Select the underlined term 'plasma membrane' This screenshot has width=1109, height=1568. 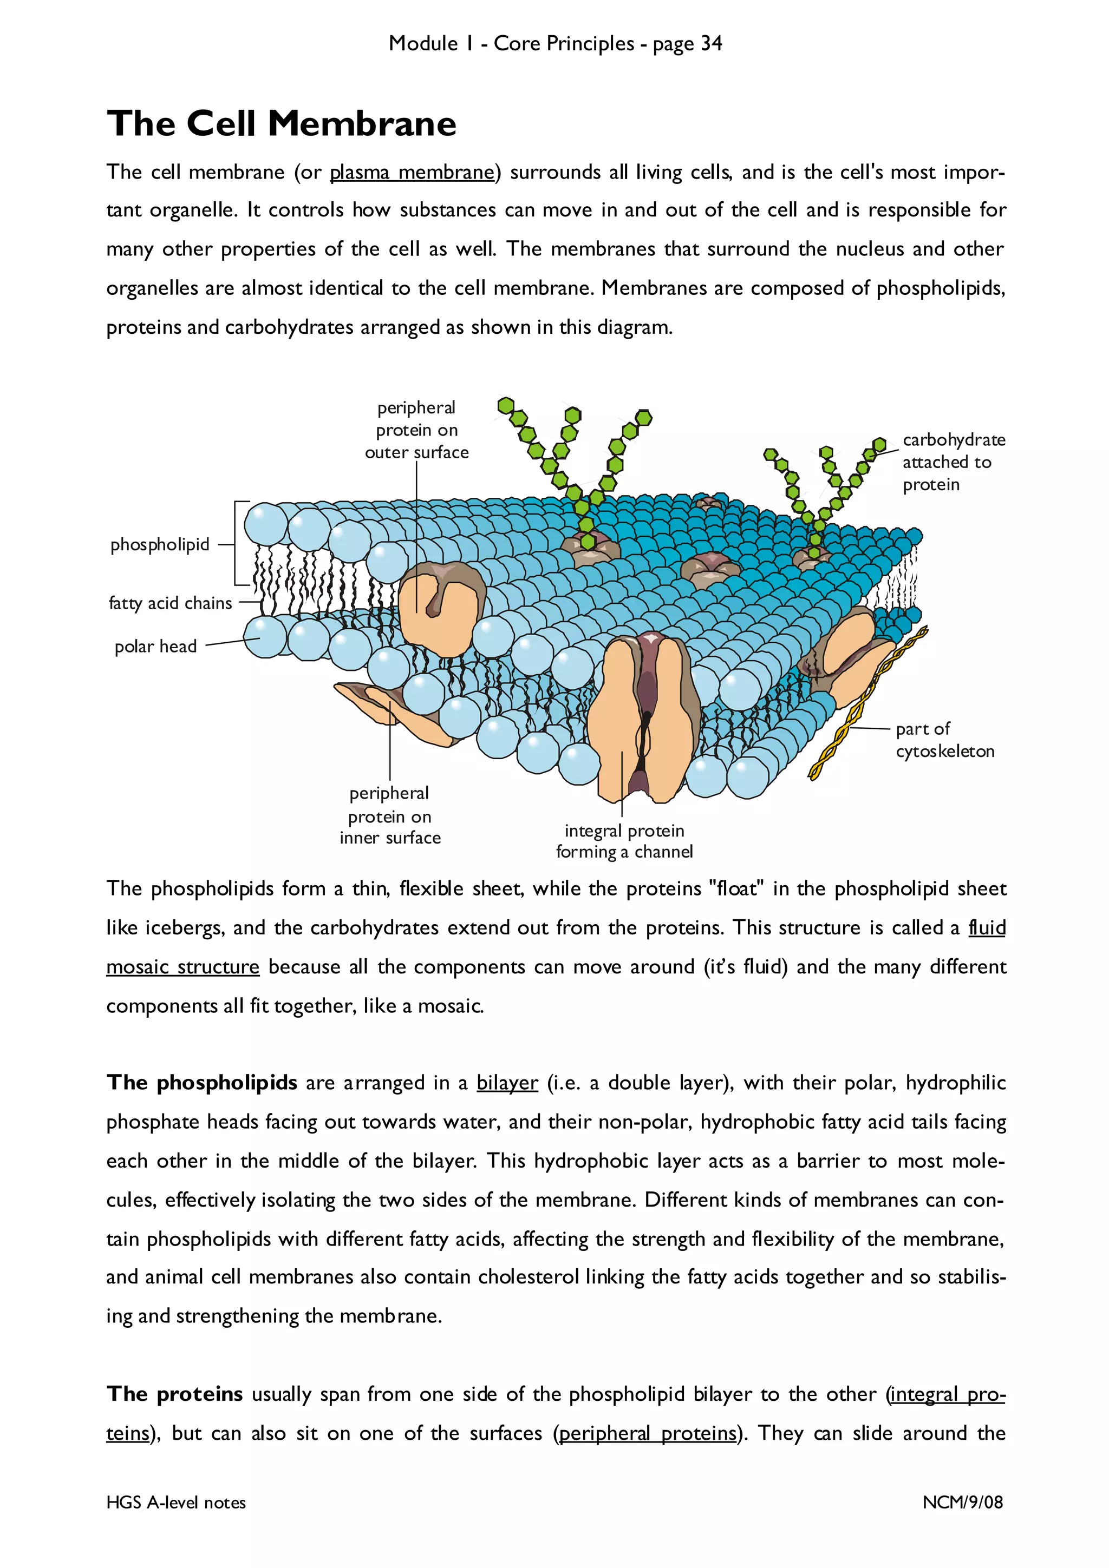click(412, 173)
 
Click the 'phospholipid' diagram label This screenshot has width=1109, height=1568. click(160, 545)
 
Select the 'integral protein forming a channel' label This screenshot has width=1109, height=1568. click(624, 841)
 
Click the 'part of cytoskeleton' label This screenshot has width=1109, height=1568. click(944, 740)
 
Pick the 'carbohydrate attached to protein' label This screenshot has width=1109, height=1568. click(953, 463)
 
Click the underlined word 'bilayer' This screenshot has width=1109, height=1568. click(507, 1083)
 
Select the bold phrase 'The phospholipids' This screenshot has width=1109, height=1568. click(201, 1083)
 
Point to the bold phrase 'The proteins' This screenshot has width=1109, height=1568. click(174, 1394)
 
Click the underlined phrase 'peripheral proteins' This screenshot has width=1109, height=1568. click(648, 1433)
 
